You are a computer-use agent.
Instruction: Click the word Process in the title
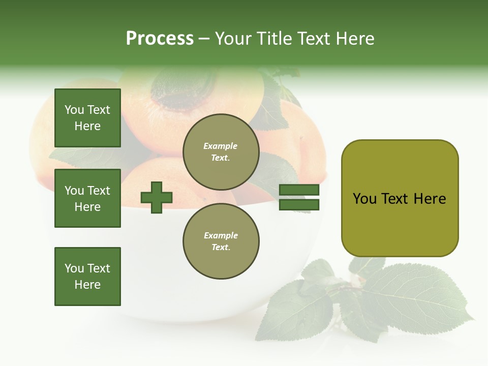[160, 39]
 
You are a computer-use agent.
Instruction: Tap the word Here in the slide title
[354, 39]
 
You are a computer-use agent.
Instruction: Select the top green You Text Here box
[87, 118]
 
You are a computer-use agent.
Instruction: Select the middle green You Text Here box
[87, 198]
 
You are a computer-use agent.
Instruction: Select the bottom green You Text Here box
[87, 276]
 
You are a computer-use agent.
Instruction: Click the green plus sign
[157, 197]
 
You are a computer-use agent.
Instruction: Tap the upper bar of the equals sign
[299, 190]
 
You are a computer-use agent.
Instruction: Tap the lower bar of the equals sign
[299, 204]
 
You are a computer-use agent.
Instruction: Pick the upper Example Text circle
[221, 151]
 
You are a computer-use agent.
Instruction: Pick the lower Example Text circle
[221, 241]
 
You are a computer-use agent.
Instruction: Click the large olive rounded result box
[400, 198]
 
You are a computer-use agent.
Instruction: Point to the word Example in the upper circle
[221, 146]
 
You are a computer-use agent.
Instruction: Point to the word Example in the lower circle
[221, 235]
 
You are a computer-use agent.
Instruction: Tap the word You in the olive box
[364, 199]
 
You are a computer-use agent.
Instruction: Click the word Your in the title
[234, 39]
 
